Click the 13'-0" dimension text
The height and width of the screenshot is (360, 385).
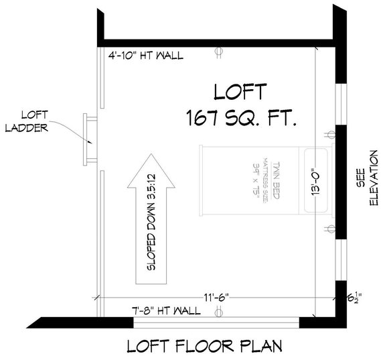click(315, 181)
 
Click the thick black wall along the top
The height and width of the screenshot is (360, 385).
click(214, 42)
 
